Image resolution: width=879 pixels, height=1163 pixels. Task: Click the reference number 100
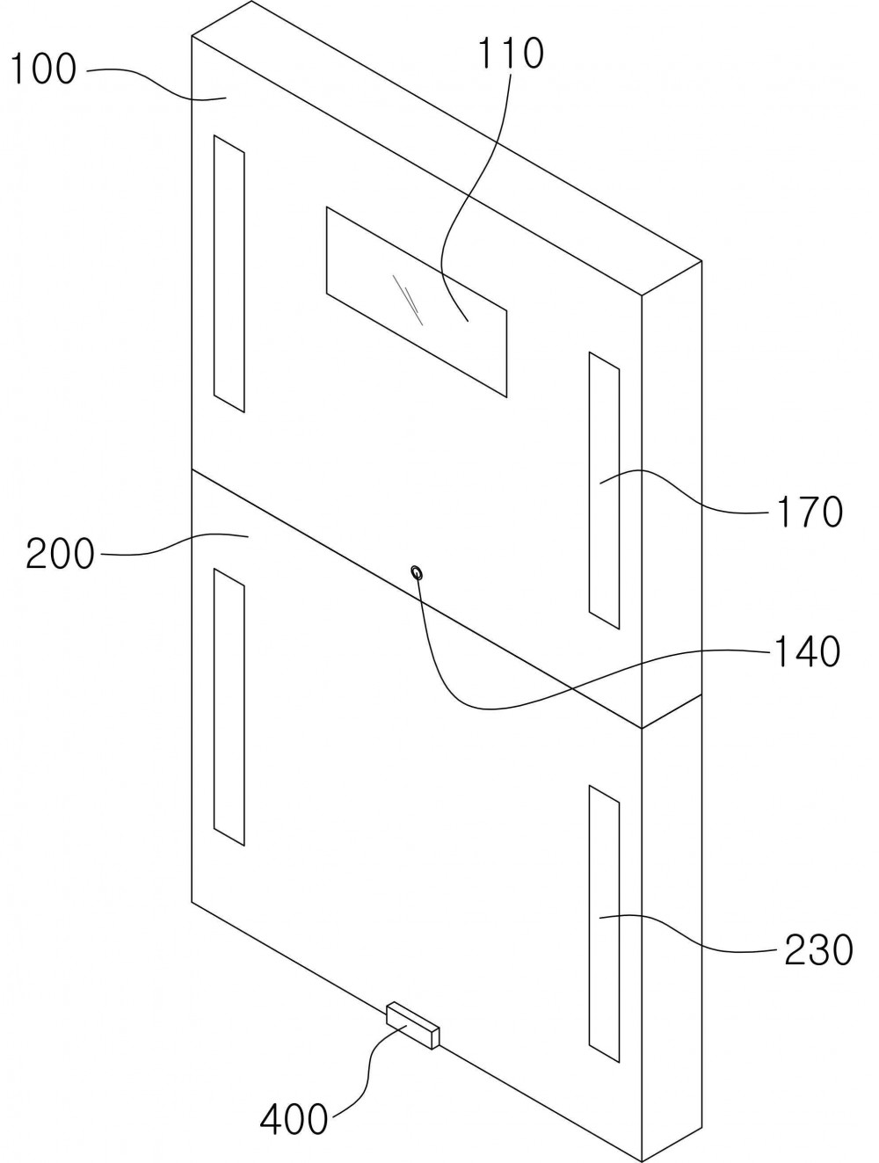[x=43, y=69]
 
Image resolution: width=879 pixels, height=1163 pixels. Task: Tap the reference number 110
[x=511, y=53]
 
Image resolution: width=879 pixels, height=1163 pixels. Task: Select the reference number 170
[x=809, y=512]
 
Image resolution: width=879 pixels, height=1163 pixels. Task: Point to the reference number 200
[x=60, y=554]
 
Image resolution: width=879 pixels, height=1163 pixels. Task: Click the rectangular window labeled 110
[x=417, y=302]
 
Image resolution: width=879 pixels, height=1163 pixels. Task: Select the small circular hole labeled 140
[x=417, y=572]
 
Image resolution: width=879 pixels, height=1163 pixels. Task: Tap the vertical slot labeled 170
[x=604, y=491]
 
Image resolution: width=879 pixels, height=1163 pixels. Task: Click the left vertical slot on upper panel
[x=229, y=273]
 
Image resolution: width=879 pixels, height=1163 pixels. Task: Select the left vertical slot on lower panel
[x=229, y=707]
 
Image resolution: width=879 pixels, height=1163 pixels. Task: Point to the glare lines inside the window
[x=407, y=300]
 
